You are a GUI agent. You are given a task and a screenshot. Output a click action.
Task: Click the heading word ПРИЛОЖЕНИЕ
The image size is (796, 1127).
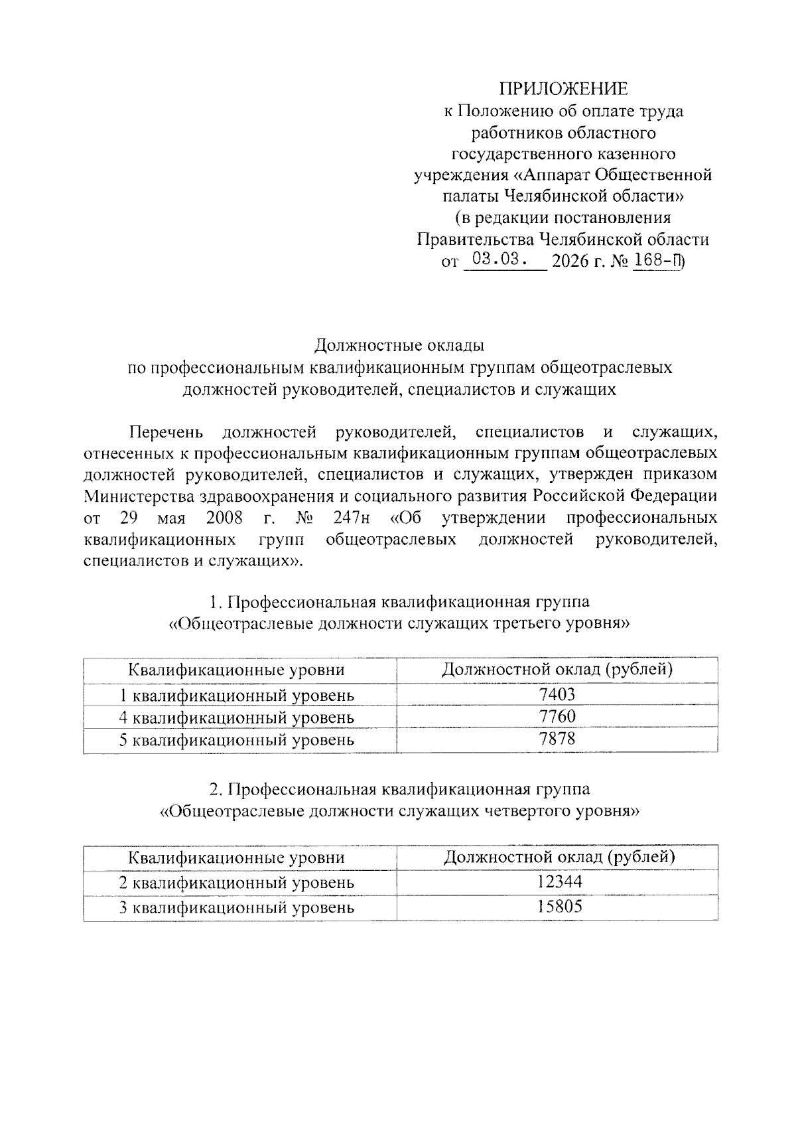click(563, 89)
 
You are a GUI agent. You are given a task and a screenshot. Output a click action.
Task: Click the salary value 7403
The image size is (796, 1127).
click(557, 694)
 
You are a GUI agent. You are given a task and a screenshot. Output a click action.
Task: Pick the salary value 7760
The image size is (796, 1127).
click(557, 717)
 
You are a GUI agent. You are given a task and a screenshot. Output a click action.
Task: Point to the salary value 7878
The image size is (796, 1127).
click(557, 739)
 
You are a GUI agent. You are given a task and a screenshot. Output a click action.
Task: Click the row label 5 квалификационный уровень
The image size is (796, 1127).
click(237, 739)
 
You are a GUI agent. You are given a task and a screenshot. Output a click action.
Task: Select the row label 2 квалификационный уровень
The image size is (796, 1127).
click(237, 883)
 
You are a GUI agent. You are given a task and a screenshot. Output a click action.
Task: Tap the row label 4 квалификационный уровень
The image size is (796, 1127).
click(237, 717)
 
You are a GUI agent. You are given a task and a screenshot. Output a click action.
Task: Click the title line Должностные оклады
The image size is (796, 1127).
click(399, 345)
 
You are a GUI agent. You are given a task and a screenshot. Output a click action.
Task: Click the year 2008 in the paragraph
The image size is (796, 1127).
click(224, 518)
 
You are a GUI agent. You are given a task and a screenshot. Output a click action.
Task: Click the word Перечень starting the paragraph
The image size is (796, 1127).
click(166, 433)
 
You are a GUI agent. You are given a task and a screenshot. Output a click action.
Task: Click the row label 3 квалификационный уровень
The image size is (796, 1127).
click(237, 907)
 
